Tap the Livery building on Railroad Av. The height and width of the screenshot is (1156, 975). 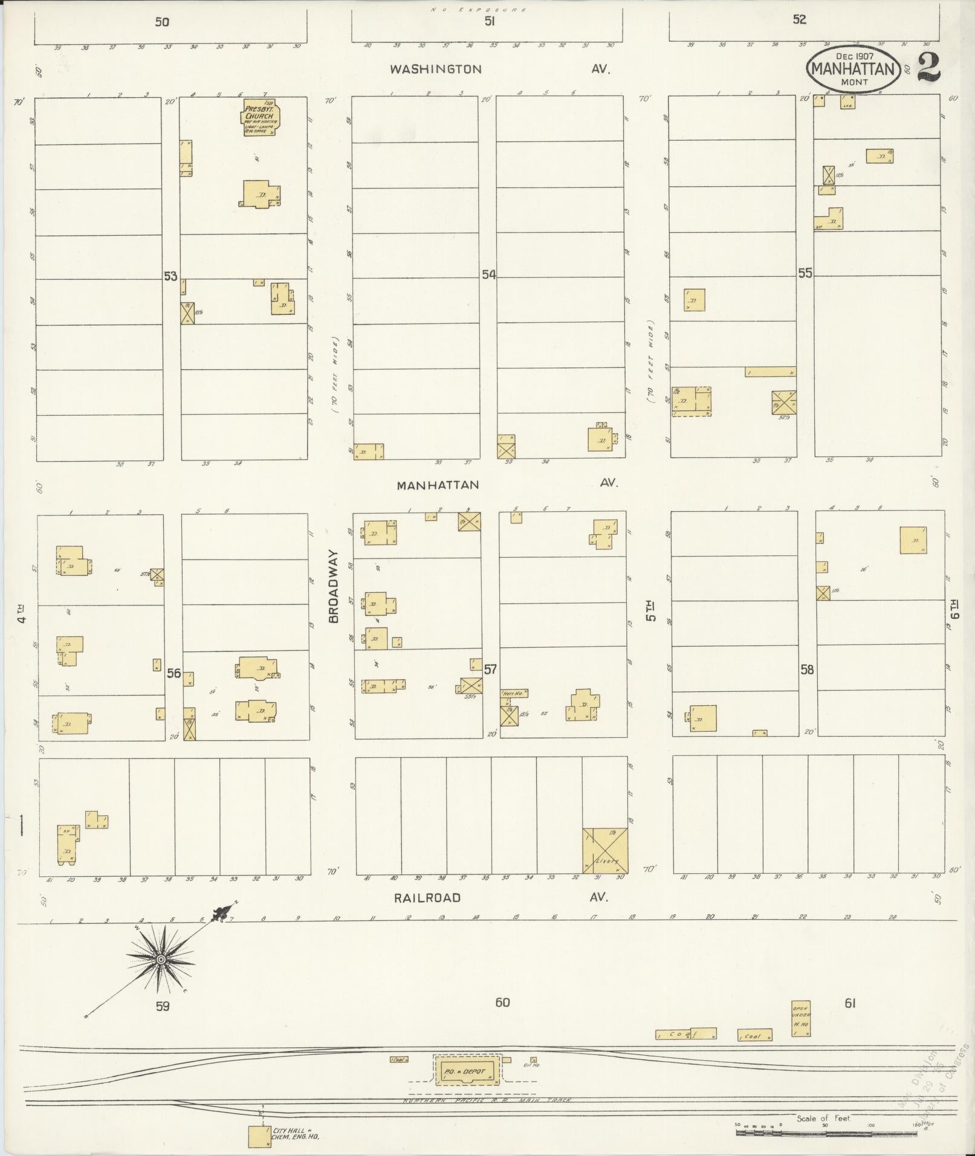click(605, 851)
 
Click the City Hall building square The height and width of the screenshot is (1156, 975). click(259, 1136)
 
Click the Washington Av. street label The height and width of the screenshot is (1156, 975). click(436, 69)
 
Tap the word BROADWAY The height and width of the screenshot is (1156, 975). click(334, 586)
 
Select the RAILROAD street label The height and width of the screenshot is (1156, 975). click(427, 898)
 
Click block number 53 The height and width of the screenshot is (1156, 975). click(170, 276)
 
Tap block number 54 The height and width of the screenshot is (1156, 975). click(488, 275)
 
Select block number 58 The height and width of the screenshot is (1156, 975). click(807, 669)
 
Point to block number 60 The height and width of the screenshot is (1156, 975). click(502, 1003)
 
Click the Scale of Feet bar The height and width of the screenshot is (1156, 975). click(825, 1133)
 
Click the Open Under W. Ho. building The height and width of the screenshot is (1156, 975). click(801, 1019)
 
